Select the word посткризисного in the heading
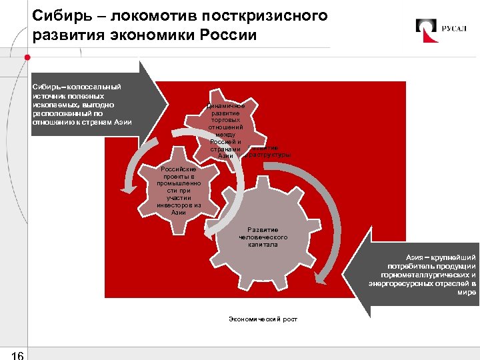coord(271,15)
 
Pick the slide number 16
coord(17,353)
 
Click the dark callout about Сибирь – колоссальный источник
coord(87,104)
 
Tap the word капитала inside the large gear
coord(265,245)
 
